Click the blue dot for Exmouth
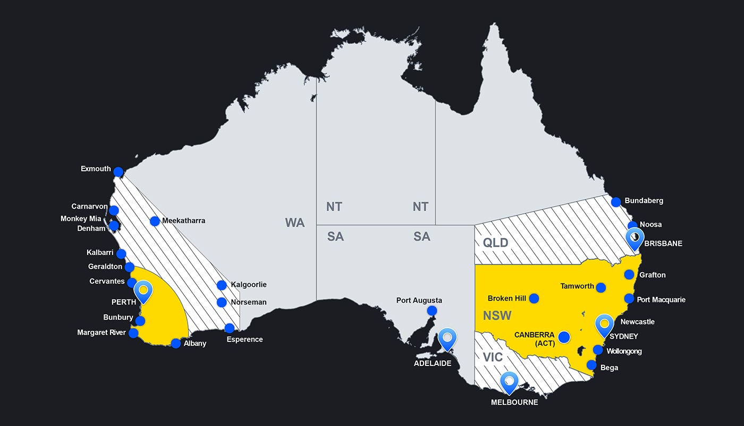(x=119, y=172)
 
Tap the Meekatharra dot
(x=155, y=221)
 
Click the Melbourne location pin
(x=510, y=381)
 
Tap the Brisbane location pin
(x=635, y=238)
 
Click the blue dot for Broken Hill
(x=534, y=298)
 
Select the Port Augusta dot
(x=432, y=311)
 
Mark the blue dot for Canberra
(x=564, y=337)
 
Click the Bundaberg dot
(x=616, y=202)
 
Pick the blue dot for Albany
(x=176, y=343)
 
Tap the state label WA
(x=295, y=223)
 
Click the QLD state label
(x=495, y=243)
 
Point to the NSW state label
(x=497, y=315)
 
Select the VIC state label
(x=493, y=357)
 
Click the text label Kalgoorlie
(x=249, y=285)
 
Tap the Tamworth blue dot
(x=601, y=287)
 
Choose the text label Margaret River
(x=102, y=333)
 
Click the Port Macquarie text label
(x=661, y=299)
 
